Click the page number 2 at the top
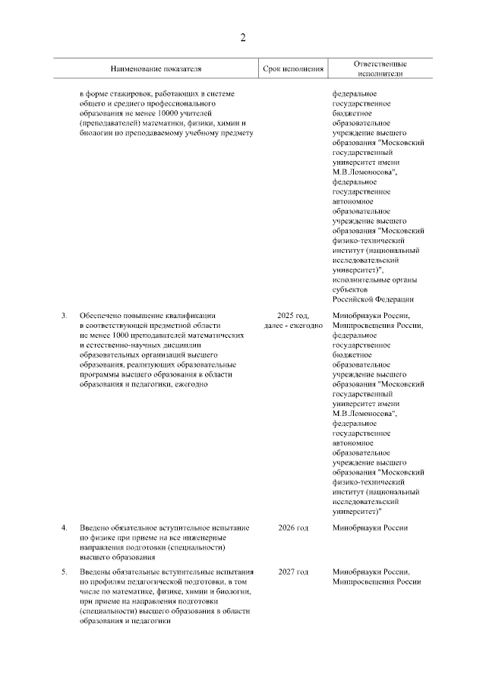(243, 37)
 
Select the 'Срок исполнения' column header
(293, 69)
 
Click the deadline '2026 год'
(293, 528)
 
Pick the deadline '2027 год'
(293, 571)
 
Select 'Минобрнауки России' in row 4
(371, 528)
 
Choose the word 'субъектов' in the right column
(349, 289)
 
